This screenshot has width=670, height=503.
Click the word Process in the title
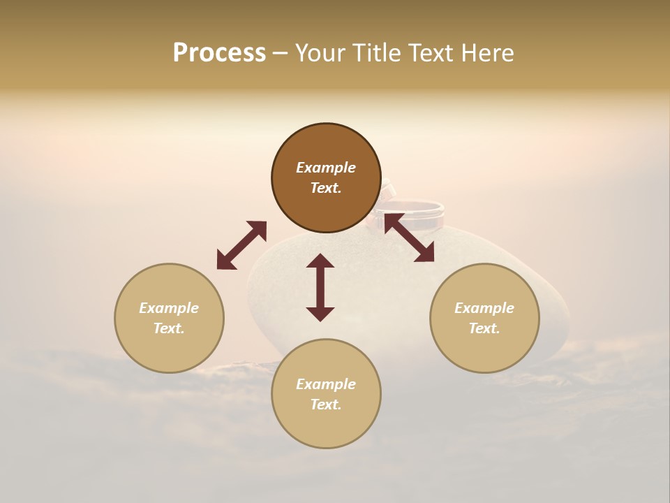[x=219, y=53]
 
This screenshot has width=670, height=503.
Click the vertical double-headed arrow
[x=320, y=287]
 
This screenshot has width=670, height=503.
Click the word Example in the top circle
[x=326, y=168]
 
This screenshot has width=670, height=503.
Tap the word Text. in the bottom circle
[x=326, y=404]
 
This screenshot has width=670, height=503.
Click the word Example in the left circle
[x=169, y=308]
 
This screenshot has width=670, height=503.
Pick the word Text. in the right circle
[x=484, y=328]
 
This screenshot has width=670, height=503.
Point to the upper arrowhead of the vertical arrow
[x=320, y=261]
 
